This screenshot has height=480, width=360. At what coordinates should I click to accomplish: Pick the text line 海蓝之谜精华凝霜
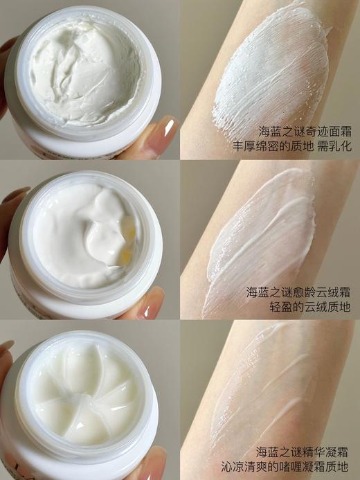point(302,451)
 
